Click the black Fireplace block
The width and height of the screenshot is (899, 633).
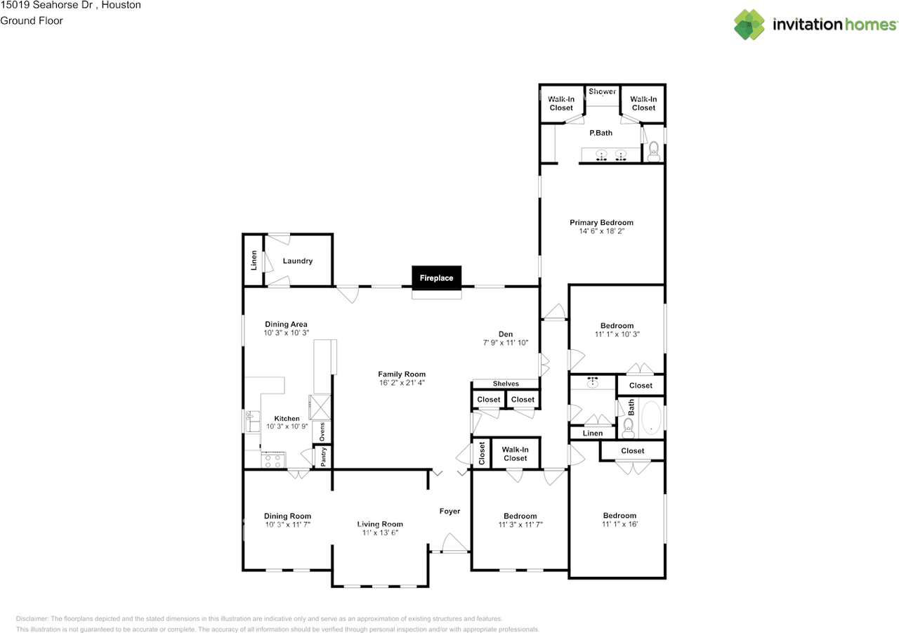(436, 278)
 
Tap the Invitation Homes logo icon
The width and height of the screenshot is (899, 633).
(749, 25)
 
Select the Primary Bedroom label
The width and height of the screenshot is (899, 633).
(601, 223)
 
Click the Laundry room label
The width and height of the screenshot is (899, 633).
(298, 261)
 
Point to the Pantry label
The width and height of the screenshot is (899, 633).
(323, 457)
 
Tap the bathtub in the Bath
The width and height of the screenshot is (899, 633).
(652, 417)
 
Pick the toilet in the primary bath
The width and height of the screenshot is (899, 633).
(653, 150)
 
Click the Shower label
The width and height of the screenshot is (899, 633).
(603, 91)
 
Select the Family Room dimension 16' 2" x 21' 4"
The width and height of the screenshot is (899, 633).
(402, 383)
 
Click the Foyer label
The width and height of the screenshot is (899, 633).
(449, 511)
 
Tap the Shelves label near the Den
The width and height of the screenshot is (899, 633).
(506, 384)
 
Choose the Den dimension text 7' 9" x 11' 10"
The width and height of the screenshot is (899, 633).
(506, 343)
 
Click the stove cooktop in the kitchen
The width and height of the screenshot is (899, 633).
(273, 461)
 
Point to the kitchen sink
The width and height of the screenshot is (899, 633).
(251, 422)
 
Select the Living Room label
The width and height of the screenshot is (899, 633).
(380, 524)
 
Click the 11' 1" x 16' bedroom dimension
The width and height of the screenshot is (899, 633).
(619, 524)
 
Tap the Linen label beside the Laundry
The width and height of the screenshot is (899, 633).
(254, 261)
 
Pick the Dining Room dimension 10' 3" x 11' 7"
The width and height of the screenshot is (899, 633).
(287, 525)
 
